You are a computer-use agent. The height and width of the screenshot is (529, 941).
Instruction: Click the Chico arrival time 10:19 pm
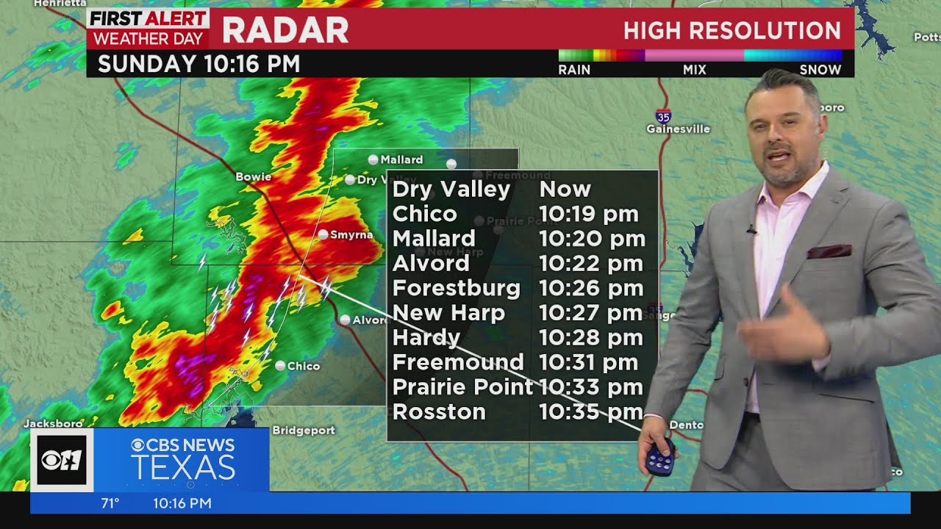589,215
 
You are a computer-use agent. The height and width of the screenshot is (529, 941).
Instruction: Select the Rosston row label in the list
439,412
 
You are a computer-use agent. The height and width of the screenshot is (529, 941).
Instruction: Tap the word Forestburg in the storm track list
456,288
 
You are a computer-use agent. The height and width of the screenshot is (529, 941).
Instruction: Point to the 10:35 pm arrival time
591,412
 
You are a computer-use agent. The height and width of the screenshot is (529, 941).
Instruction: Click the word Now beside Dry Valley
565,190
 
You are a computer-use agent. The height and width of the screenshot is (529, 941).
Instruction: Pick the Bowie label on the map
253,177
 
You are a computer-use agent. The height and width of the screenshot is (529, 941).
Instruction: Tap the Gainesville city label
678,129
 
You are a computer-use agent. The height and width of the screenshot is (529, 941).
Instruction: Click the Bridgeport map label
304,431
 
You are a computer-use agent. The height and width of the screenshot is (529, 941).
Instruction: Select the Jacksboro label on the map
53,424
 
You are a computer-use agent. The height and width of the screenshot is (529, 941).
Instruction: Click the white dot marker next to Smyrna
323,234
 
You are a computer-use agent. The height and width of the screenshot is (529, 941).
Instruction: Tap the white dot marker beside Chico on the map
280,365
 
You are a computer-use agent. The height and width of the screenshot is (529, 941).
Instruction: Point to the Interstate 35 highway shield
663,116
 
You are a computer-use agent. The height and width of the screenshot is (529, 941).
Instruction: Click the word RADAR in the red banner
285,30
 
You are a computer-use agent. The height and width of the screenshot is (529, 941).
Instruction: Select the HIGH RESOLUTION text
731,31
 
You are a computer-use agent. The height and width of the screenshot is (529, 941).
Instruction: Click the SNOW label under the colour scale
820,70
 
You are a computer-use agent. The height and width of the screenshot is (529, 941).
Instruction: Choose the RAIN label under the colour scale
574,70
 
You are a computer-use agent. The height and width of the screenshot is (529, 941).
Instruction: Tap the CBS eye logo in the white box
62,460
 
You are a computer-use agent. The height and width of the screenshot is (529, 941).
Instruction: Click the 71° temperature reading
110,503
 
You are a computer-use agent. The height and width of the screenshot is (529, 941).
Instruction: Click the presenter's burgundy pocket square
829,252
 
